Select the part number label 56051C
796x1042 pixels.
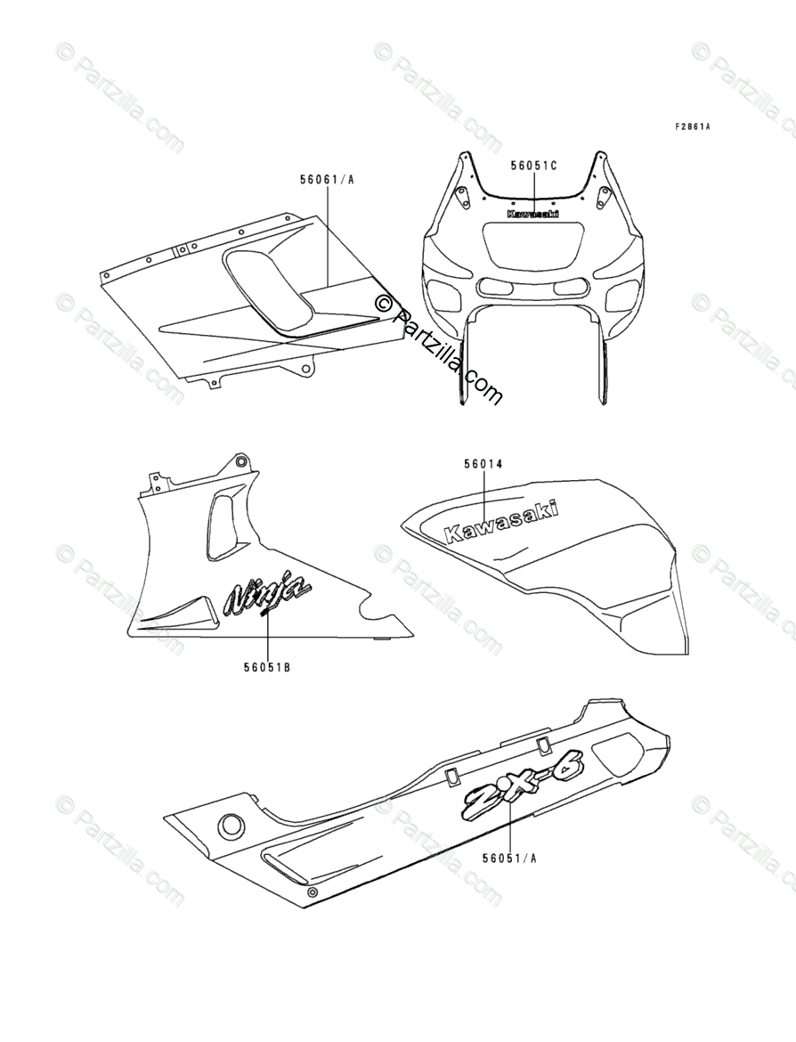pos(533,166)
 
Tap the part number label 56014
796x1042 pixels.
pos(483,464)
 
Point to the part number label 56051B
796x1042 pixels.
pos(266,663)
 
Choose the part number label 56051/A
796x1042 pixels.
pos(510,859)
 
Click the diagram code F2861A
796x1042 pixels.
pos(692,127)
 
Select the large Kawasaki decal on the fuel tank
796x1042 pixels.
pos(501,520)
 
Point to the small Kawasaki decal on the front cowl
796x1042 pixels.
pos(533,214)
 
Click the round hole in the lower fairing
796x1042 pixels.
pos(231,824)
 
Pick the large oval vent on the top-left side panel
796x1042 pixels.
pos(267,290)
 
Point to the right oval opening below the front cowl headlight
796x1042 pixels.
pos(569,287)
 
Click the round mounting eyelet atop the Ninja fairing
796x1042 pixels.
pos(240,460)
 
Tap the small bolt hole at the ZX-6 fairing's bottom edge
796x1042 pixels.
pos(311,892)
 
